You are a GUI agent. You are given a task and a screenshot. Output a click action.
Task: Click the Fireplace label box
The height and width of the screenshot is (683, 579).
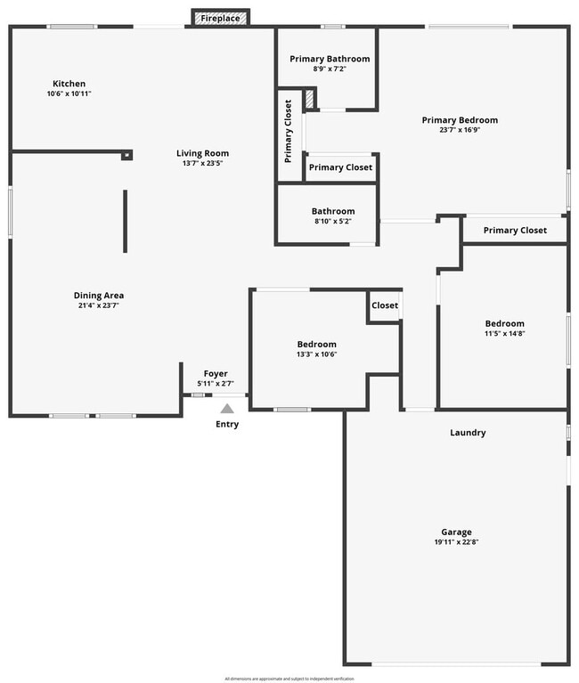tap(220, 18)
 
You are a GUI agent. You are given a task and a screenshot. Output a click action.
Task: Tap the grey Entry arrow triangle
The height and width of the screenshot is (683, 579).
tap(227, 409)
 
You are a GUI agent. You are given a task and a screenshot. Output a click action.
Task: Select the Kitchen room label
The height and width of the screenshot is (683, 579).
tap(69, 84)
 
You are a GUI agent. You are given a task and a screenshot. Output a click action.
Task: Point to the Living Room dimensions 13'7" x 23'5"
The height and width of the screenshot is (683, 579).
tap(202, 163)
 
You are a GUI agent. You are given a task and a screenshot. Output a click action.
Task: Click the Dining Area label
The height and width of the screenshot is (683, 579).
tap(98, 296)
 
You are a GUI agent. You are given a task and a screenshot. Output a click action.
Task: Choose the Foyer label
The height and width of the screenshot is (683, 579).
tap(216, 374)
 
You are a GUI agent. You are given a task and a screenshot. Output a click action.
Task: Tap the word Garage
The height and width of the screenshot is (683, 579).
tap(455, 533)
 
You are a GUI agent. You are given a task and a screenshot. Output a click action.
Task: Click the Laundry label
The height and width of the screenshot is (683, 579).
tap(468, 433)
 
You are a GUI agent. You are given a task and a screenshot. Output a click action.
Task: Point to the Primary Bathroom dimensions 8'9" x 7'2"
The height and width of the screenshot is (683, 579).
tap(330, 69)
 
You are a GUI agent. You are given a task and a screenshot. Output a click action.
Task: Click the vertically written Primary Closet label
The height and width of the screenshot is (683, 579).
tap(289, 132)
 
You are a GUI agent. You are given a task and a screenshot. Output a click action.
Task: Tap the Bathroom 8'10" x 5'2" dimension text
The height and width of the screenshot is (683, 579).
tap(332, 221)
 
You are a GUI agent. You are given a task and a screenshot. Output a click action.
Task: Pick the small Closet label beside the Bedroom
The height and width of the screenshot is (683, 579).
tap(385, 305)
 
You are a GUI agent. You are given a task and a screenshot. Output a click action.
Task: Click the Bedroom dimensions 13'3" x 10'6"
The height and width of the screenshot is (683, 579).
tap(316, 354)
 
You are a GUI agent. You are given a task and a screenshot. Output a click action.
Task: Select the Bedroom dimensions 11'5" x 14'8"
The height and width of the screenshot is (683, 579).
tap(504, 334)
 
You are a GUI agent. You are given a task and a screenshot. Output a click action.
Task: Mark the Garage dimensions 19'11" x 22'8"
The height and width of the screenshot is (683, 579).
tap(455, 542)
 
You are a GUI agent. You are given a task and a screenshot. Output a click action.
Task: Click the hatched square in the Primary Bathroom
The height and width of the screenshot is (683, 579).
tap(310, 99)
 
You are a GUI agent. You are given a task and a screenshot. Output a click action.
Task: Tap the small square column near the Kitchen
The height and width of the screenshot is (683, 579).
tap(126, 155)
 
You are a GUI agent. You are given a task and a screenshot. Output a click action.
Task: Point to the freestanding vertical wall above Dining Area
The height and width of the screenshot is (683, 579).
tap(125, 221)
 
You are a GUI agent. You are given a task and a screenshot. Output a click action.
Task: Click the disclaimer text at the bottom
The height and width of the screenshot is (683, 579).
tap(289, 678)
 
